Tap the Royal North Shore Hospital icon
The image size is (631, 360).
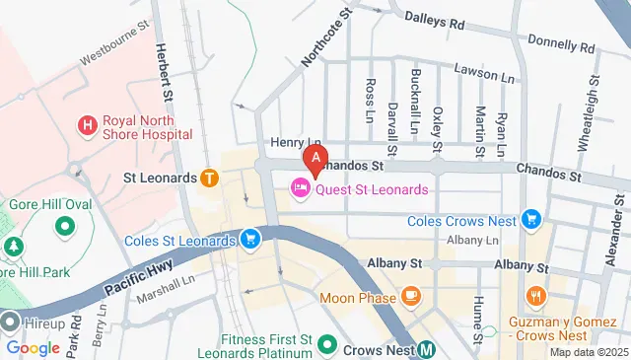[88, 125]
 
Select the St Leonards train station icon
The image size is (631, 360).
[209, 178]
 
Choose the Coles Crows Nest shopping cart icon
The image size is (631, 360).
[531, 219]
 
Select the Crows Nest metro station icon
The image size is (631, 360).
[426, 348]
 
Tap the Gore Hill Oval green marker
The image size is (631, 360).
[65, 226]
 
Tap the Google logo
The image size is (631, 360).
[33, 348]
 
